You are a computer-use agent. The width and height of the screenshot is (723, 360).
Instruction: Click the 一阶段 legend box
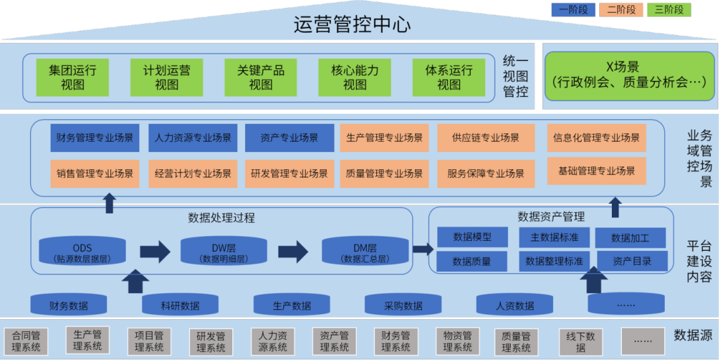click(x=573, y=10)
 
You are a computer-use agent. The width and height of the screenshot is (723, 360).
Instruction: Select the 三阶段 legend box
click(x=669, y=10)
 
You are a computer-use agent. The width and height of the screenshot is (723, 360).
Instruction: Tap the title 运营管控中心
click(x=352, y=25)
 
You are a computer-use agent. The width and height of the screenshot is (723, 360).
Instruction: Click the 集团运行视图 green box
click(x=73, y=78)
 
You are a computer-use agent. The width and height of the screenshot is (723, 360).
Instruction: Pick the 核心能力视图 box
click(x=355, y=78)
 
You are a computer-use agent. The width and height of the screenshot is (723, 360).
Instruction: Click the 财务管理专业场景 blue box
click(x=94, y=138)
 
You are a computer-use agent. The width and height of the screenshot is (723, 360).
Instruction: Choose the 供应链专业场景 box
click(x=486, y=138)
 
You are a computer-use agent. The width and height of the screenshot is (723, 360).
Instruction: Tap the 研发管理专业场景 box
click(x=289, y=173)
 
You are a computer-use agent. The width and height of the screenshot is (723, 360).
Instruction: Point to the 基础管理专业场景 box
click(x=596, y=171)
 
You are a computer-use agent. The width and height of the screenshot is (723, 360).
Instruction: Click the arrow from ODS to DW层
click(x=155, y=252)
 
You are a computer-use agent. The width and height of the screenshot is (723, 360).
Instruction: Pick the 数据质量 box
click(x=472, y=261)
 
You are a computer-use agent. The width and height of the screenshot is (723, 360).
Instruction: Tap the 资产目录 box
click(x=632, y=261)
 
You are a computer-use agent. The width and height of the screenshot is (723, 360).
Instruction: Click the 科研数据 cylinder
click(x=180, y=305)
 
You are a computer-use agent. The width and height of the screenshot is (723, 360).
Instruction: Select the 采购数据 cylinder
click(x=403, y=305)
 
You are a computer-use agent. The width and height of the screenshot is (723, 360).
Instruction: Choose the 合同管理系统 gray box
click(x=26, y=341)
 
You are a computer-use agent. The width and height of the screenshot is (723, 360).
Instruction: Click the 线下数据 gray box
click(x=580, y=341)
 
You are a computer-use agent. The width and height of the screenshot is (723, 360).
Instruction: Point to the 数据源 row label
click(x=693, y=335)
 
